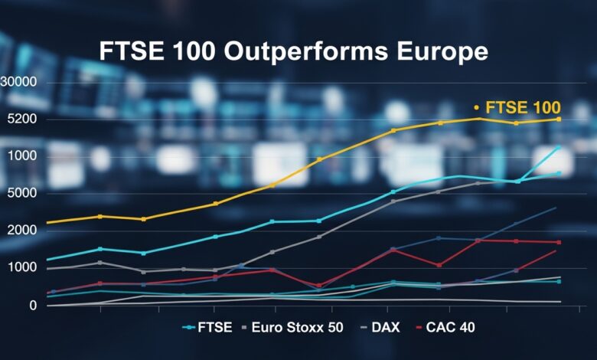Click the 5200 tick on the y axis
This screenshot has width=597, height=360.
tap(22, 119)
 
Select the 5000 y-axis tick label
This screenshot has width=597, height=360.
tap(22, 193)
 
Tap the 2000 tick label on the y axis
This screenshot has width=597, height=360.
tap(22, 231)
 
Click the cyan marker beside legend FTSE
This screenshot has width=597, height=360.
tap(188, 327)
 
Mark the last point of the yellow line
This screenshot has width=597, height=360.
tap(559, 119)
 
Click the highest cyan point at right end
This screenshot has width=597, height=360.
tap(558, 147)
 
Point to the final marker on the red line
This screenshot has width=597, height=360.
tap(559, 242)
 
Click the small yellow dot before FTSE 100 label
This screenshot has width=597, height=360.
tap(475, 107)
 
